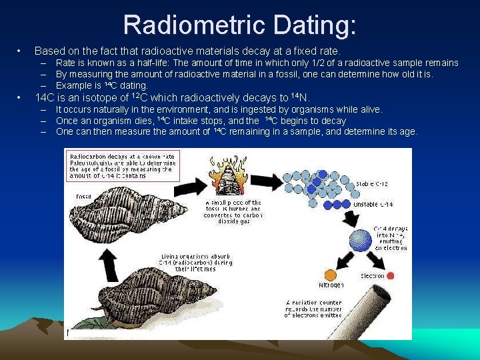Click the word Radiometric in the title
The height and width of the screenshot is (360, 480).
[x=199, y=25]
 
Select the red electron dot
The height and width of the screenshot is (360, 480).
[x=390, y=275]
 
